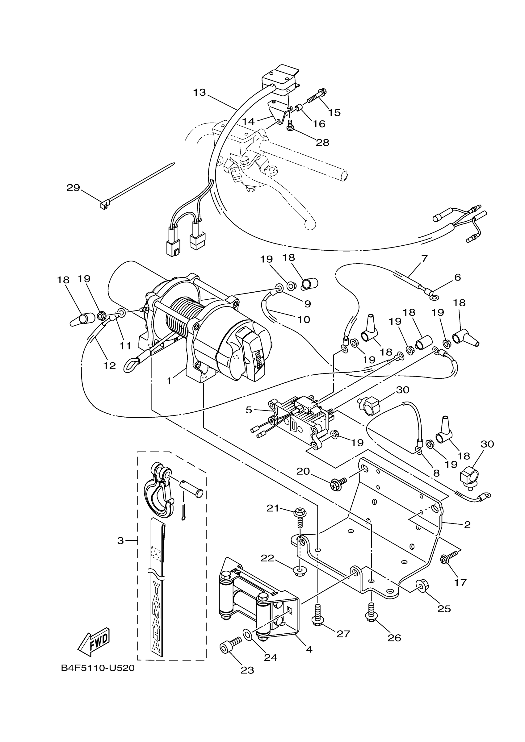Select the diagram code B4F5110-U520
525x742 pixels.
click(98, 668)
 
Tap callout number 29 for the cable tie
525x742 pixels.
click(73, 187)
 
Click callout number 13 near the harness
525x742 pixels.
click(199, 92)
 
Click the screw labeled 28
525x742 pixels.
click(290, 125)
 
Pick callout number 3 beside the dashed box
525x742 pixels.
click(120, 541)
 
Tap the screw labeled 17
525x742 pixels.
click(448, 558)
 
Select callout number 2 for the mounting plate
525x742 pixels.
click(467, 524)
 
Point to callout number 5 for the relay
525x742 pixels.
click(249, 410)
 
